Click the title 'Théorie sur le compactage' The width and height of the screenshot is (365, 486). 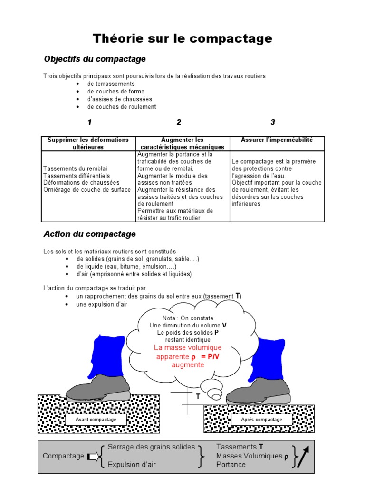pos(182,38)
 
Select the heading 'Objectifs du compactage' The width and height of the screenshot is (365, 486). pos(95,59)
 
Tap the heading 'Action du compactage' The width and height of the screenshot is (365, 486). pos(90,234)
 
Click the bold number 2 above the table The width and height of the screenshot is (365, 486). pos(179,122)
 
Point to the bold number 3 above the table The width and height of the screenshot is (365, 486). pos(273,122)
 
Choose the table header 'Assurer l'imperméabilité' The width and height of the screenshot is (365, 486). pos(277,140)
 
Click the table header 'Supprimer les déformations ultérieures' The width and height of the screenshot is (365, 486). pos(88,143)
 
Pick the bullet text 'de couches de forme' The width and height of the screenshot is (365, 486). pos(115,92)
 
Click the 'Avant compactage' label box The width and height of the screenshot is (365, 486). pos(96,420)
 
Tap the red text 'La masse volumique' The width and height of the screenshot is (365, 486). pos(181,348)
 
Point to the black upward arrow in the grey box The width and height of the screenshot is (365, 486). pos(303,457)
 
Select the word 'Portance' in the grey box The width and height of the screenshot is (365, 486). pos(231,465)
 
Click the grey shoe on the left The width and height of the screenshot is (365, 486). pos(99,387)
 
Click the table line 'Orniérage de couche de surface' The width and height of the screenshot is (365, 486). pos(87,190)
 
